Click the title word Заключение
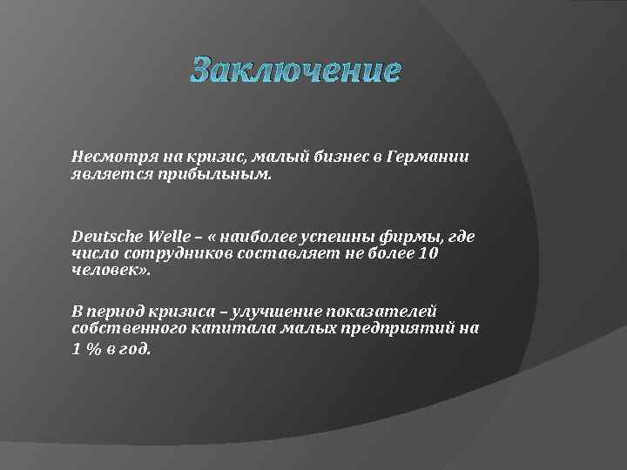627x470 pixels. pos(295,70)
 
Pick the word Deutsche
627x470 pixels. pos(106,237)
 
